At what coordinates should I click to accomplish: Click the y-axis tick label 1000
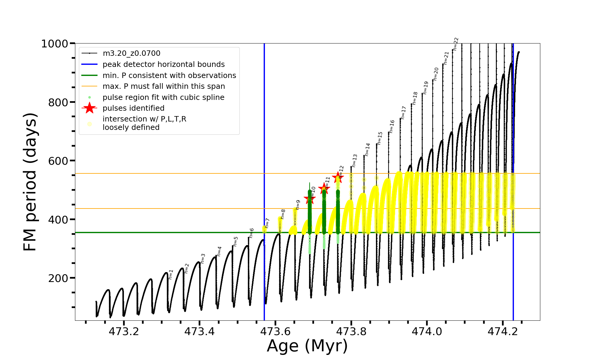coord(54,44)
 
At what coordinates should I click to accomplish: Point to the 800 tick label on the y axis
coord(58,103)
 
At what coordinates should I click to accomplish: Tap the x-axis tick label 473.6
coord(275,331)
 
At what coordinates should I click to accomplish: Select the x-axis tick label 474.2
coord(503,331)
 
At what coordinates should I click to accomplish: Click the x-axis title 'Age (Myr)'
coord(307,346)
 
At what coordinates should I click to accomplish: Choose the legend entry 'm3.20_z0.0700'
coord(131,53)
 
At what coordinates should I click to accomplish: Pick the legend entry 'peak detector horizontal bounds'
coord(163,64)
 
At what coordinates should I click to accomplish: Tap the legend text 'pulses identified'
coord(133,108)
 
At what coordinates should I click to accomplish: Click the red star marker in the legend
coord(89,108)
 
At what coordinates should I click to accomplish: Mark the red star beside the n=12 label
coord(338,177)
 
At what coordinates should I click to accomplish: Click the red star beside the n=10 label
coord(310,198)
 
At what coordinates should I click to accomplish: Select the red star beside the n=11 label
coord(324,188)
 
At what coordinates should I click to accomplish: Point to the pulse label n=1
coord(171,274)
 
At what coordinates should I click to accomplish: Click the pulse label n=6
coord(252,233)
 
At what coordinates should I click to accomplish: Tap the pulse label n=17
coord(403,112)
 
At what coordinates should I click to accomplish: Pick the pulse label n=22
coord(456,44)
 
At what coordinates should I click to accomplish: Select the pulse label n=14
coord(367,149)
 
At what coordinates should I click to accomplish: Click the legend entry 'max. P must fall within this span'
coord(163,86)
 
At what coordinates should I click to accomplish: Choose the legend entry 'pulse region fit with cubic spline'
coord(163,97)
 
